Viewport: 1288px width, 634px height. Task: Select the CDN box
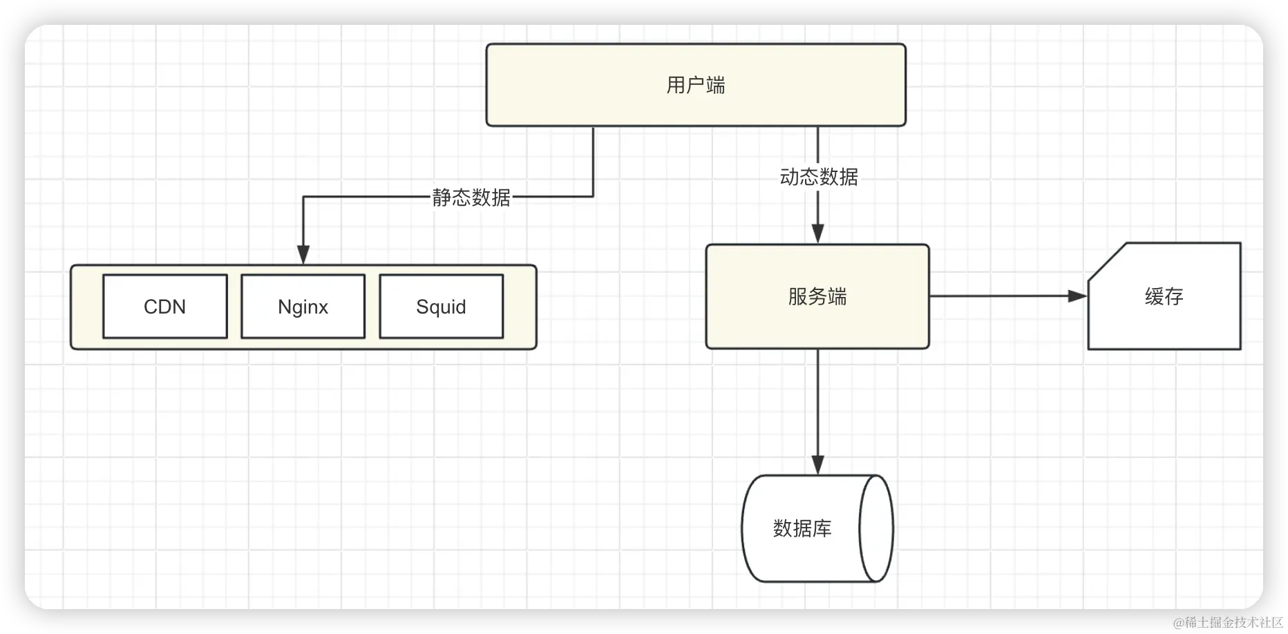click(x=164, y=307)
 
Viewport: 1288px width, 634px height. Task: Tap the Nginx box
click(x=303, y=307)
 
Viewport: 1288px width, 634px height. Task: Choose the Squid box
click(x=441, y=307)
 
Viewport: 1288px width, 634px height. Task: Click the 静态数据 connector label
click(x=471, y=198)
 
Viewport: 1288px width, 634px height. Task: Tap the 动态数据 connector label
click(x=819, y=177)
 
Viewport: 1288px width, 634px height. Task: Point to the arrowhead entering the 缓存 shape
click(x=1078, y=296)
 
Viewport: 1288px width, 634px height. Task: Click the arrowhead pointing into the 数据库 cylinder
click(x=818, y=465)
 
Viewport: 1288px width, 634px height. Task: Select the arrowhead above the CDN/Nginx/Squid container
click(x=303, y=254)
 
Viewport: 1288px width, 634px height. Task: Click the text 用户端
click(x=696, y=86)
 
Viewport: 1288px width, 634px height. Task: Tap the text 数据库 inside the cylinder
click(x=802, y=528)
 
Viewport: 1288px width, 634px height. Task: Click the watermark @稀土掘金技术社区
click(x=1227, y=621)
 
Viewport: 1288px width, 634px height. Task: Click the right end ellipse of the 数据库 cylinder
click(x=876, y=528)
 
